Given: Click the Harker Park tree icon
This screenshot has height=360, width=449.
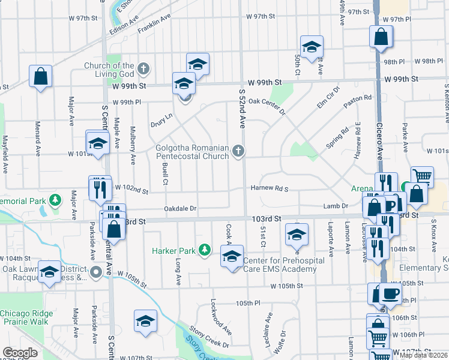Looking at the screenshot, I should tap(205, 249).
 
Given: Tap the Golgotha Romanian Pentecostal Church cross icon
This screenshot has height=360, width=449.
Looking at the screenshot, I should tap(239, 150).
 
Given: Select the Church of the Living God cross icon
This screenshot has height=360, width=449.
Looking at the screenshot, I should tap(143, 68).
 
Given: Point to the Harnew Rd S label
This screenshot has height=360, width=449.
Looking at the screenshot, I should tap(270, 189).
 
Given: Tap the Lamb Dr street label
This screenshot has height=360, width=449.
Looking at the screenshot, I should tap(336, 206).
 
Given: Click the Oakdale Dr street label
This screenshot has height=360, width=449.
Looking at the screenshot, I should tap(181, 209).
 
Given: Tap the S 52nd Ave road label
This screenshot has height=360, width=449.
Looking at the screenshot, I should tap(243, 108).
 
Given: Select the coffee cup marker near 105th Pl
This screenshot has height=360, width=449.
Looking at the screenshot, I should tap(391, 294).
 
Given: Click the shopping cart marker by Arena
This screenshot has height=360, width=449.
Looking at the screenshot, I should tap(423, 176).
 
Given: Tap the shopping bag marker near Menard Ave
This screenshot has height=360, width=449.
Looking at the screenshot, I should tap(40, 76).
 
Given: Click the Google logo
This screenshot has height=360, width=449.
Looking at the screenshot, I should tap(20, 353).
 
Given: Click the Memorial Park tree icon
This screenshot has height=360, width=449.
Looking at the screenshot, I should tap(55, 199).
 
